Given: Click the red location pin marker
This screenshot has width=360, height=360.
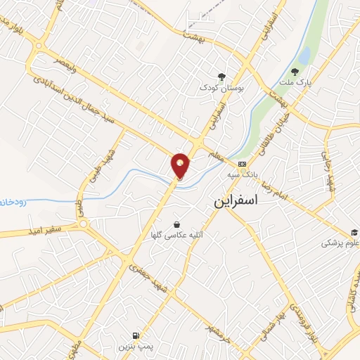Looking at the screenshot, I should [x=181, y=165].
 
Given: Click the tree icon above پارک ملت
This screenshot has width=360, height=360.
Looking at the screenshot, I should [x=295, y=70].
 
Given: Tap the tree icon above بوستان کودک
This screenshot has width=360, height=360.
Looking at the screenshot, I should [x=221, y=76].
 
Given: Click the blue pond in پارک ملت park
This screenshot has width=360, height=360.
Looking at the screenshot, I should [x=304, y=54].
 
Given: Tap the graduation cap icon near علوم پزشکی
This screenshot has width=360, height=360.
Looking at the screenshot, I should [x=355, y=233].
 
